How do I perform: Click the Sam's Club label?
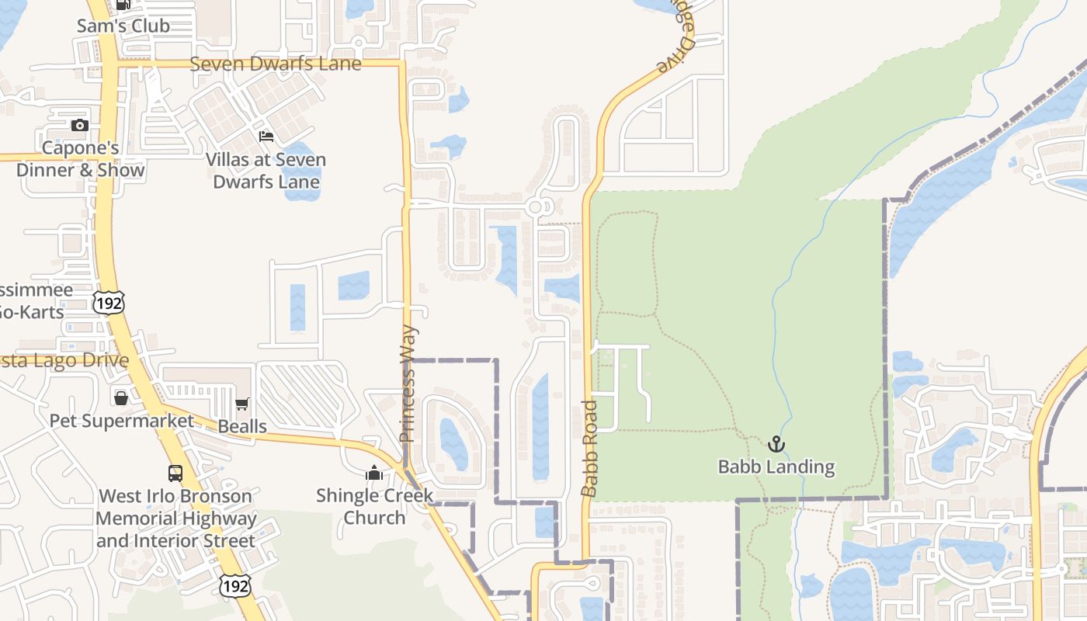click(x=123, y=26)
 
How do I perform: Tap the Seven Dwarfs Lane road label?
click(x=276, y=64)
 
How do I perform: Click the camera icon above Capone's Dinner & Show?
click(x=79, y=126)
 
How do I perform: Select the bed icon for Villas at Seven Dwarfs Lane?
click(x=266, y=137)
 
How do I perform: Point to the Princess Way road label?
click(x=409, y=383)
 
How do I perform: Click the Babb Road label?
click(x=590, y=448)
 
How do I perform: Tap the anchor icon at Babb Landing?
click(x=776, y=444)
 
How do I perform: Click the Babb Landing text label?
click(x=776, y=467)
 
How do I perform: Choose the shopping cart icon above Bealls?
click(x=242, y=404)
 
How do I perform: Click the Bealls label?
click(x=242, y=426)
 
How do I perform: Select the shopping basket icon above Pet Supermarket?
click(x=121, y=398)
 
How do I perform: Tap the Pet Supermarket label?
click(x=122, y=421)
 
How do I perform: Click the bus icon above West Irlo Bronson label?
click(x=175, y=474)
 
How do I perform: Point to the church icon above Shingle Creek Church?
click(x=374, y=473)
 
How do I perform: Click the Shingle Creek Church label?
click(x=374, y=506)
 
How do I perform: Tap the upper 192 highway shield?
click(x=108, y=302)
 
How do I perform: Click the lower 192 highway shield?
click(x=234, y=586)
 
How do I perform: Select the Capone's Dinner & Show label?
click(x=81, y=159)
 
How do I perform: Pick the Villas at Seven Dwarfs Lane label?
click(x=266, y=171)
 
